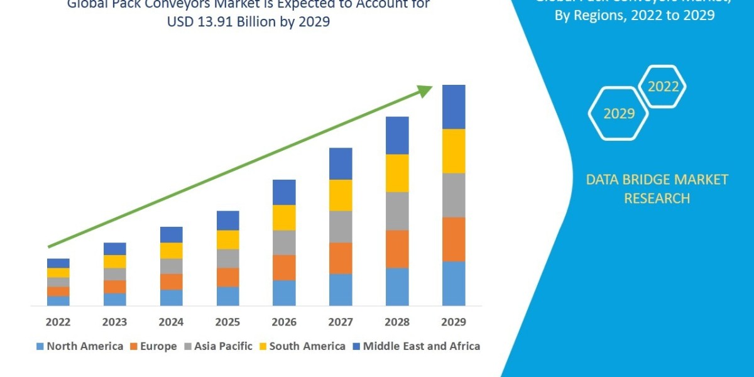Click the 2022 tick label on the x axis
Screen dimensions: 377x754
(58, 322)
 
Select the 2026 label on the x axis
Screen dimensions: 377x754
(284, 322)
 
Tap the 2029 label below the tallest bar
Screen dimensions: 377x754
(454, 322)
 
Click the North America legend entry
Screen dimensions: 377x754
(80, 346)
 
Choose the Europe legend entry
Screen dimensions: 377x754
(154, 346)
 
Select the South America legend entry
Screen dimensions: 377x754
(302, 346)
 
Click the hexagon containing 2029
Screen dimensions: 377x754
(618, 113)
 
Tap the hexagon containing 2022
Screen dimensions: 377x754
(662, 87)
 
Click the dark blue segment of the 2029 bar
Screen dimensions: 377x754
(454, 107)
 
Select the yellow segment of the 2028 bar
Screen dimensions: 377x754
(397, 173)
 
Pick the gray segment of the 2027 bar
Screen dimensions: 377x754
(341, 226)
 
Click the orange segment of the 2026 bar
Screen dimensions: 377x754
(284, 267)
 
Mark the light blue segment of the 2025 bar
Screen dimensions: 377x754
(227, 296)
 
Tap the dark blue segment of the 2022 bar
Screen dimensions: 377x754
(58, 263)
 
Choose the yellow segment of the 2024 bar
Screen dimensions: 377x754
(171, 250)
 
